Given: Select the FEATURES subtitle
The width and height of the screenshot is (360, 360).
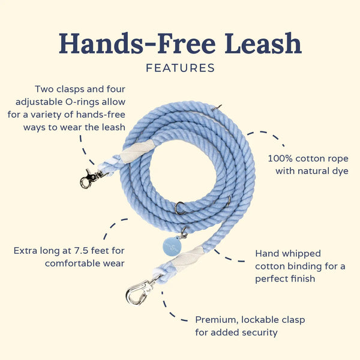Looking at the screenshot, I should (x=180, y=68).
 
